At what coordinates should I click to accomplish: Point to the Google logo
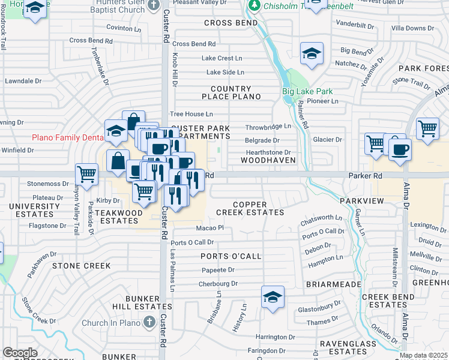pos(20,352)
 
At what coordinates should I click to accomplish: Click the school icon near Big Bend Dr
pos(312,54)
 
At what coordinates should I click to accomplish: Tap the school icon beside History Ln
pos(273,297)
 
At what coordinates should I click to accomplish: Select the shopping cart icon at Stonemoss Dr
pos(87,175)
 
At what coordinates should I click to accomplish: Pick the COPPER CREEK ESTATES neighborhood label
pos(250,209)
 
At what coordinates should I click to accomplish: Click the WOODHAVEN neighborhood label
pos(268,161)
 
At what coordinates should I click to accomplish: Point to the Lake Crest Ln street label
pos(221,58)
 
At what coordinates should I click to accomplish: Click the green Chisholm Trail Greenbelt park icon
pos(255,5)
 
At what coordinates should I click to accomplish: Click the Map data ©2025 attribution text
pos(423,355)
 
